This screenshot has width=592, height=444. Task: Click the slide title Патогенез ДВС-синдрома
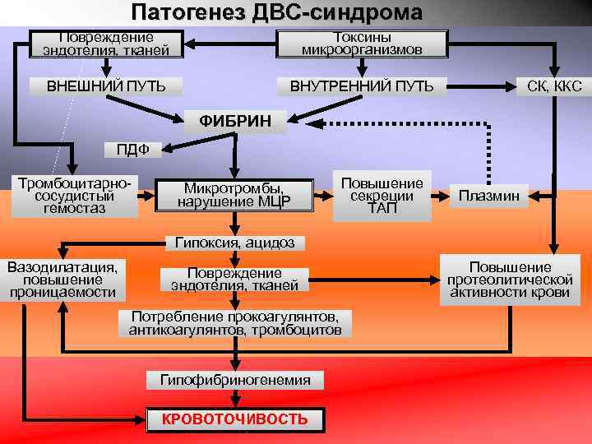pyautogui.click(x=276, y=12)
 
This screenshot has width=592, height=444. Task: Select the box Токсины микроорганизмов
pyautogui.click(x=362, y=44)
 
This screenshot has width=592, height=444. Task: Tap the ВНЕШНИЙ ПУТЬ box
pyautogui.click(x=105, y=86)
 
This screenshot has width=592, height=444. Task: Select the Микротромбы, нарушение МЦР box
pyautogui.click(x=237, y=196)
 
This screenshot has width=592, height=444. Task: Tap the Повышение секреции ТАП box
pyautogui.click(x=382, y=197)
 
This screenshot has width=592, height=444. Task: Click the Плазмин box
pyautogui.click(x=488, y=196)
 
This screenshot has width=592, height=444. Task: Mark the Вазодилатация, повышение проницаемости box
pyautogui.click(x=62, y=280)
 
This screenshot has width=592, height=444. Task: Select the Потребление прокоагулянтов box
pyautogui.click(x=235, y=323)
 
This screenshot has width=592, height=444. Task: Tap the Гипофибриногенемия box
pyautogui.click(x=235, y=380)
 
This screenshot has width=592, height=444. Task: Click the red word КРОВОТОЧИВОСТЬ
pyautogui.click(x=235, y=419)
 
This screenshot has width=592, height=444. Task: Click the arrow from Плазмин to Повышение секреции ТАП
pyautogui.click(x=443, y=196)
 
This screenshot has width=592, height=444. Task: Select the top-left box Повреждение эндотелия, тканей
pyautogui.click(x=105, y=44)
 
